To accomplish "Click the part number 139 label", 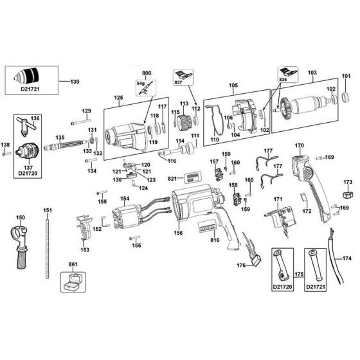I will (x=75, y=82).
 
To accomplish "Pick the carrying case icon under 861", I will (x=72, y=280).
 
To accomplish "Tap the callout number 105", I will (x=233, y=85).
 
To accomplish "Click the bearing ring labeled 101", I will (x=346, y=98).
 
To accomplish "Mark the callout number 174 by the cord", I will (x=348, y=259).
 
